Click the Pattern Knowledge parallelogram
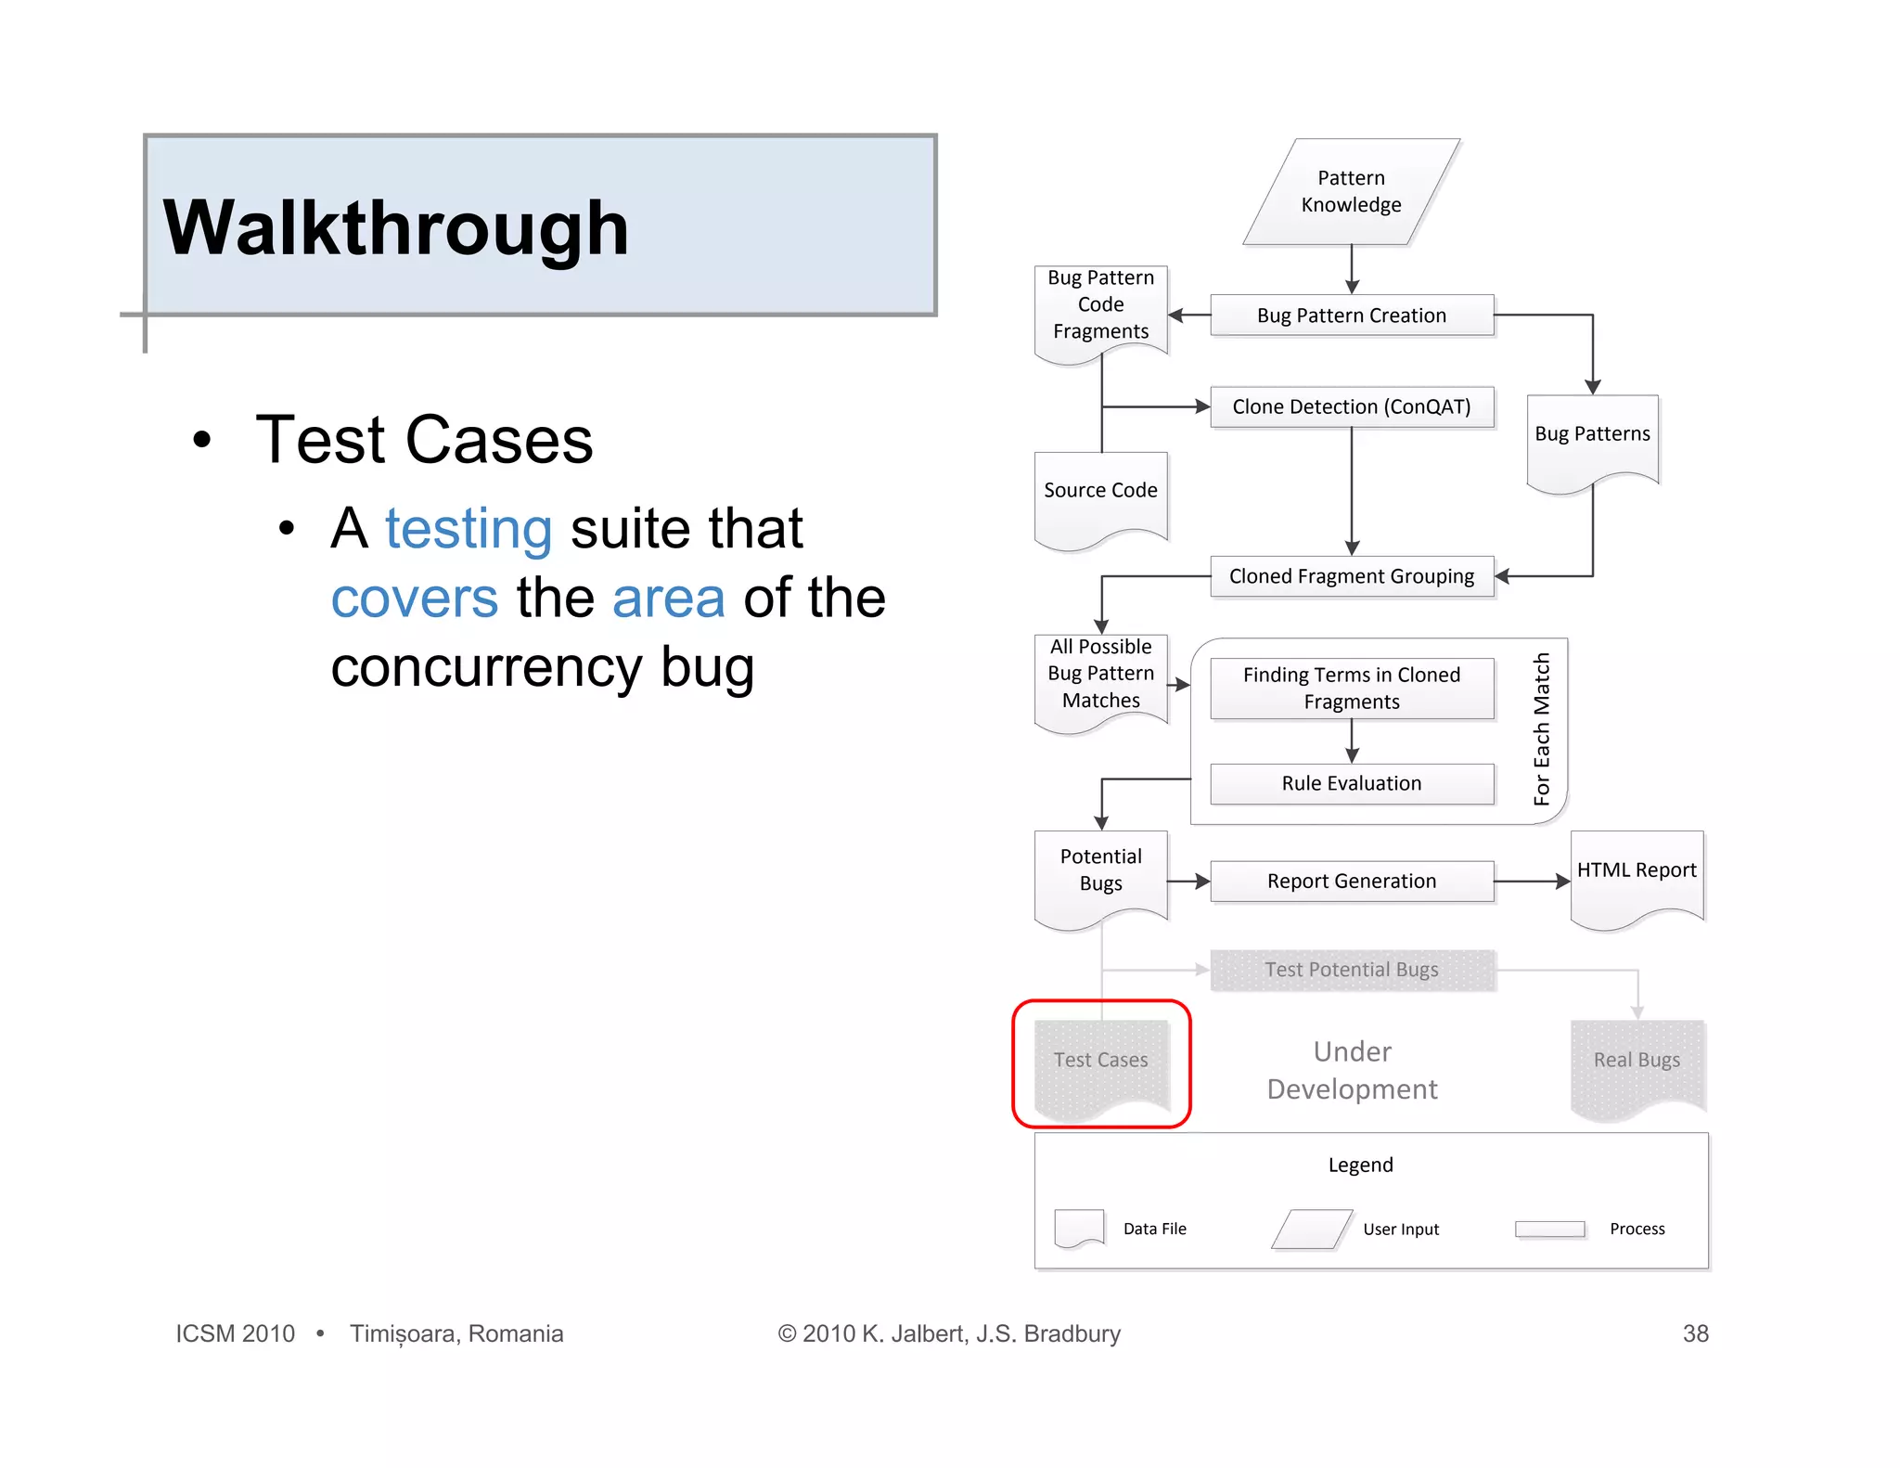pos(1351,192)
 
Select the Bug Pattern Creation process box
pos(1351,315)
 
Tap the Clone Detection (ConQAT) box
pos(1351,406)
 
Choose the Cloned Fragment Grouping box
pos(1351,576)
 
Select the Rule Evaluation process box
pos(1351,783)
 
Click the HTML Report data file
pos(1637,875)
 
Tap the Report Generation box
pos(1351,881)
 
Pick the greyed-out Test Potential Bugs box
pos(1351,970)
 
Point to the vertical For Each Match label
pos(1541,729)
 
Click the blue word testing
pos(469,529)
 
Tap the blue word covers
pos(415,599)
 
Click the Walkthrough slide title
pos(396,228)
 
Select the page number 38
pos(1695,1333)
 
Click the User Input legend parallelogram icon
pos(1311,1229)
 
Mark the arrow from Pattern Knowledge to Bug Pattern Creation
pos(1352,270)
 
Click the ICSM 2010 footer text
pos(236,1333)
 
